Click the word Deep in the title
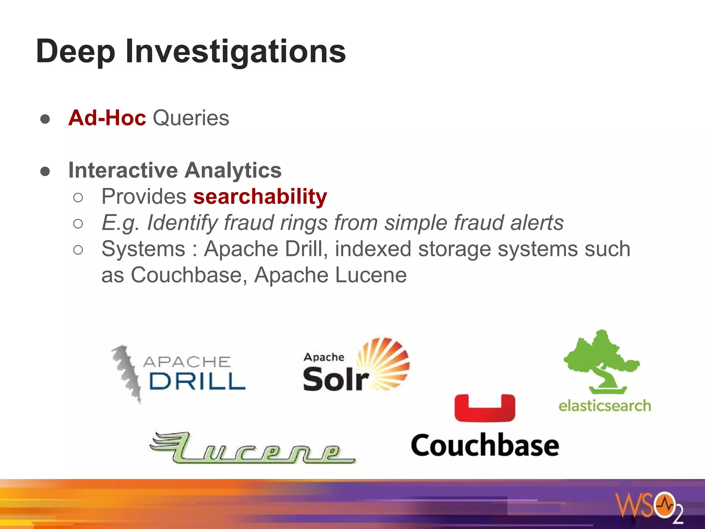point(75,52)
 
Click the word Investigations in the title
point(235,52)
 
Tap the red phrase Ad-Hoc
point(107,118)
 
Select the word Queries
point(191,118)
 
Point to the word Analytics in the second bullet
point(233,170)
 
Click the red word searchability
point(260,197)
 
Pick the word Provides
point(144,197)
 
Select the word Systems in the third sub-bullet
point(143,249)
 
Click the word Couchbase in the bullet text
point(186,275)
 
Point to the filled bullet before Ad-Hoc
point(45,119)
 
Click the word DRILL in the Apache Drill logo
point(197,382)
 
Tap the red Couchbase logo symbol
point(485,408)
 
